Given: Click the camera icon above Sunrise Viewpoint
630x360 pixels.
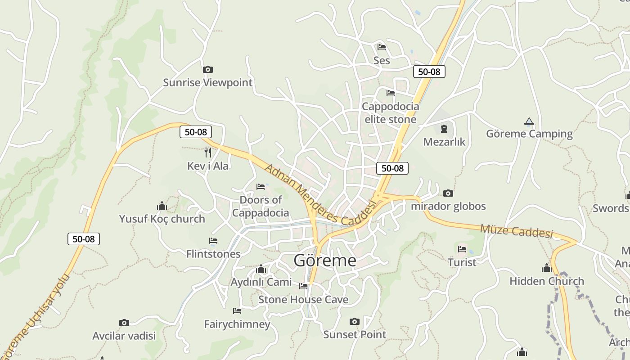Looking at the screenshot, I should pos(207,69).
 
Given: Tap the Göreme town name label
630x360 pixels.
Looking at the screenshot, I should pos(324,260).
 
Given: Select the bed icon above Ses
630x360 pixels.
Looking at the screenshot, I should pos(382,47).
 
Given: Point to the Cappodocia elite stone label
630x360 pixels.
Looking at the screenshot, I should pos(390,113).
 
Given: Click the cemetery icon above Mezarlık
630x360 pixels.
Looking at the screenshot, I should pos(444,129).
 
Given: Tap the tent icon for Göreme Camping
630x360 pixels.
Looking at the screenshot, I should pos(529,121).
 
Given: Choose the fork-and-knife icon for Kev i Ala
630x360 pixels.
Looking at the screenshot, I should pos(207,153).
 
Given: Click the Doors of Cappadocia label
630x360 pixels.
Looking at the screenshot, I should pos(261,206).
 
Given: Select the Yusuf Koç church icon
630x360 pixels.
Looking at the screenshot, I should pos(162,206).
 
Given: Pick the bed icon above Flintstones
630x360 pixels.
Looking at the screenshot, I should pos(213,241).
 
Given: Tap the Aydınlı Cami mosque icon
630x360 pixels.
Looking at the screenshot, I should pos(261,269).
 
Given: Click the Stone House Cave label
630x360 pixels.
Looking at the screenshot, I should pos(303,299).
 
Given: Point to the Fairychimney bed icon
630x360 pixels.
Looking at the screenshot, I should pos(237,310).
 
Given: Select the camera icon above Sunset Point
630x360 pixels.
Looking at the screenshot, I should pos(355,321).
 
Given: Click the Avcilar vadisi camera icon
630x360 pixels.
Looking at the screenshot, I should pos(124,323).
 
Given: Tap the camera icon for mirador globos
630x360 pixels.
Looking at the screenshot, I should pos(448,193).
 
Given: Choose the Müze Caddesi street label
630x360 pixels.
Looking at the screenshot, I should pos(516,231).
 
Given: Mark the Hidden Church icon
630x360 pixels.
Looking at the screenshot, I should pos(547,268).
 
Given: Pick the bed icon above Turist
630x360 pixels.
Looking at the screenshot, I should pos(462,249).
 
